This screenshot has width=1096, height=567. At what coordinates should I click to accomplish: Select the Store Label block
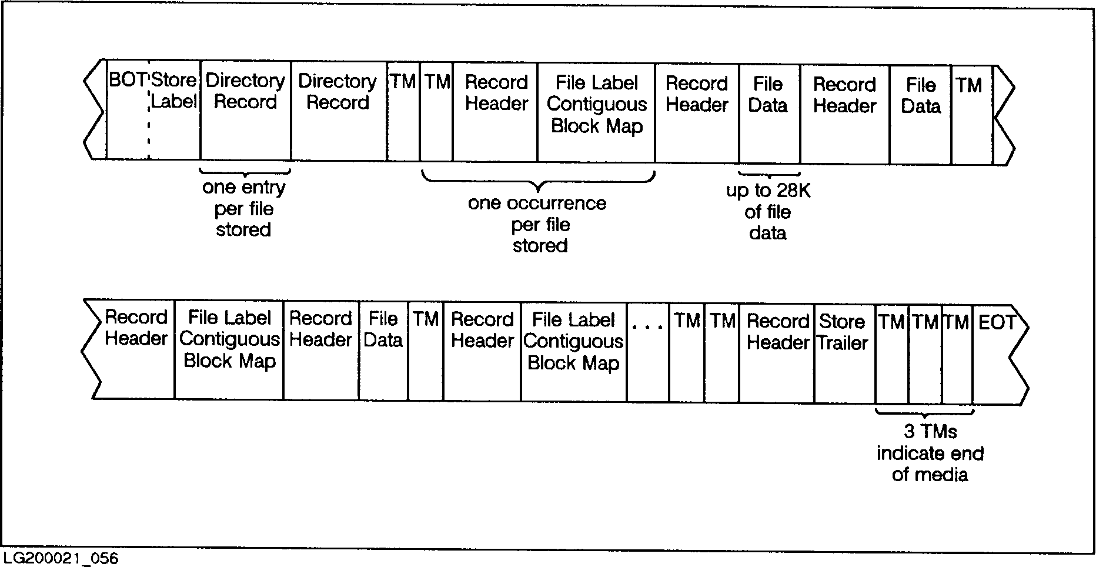coord(174,91)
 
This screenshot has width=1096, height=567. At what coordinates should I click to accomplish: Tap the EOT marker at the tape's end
coord(997,322)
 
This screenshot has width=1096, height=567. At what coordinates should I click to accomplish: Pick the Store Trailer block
coord(843,332)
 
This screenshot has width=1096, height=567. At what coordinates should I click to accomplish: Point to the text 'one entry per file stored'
coord(244,209)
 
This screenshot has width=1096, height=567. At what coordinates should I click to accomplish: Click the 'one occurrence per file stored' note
coord(537,224)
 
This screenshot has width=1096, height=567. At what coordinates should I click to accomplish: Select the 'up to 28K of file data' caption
coord(768,212)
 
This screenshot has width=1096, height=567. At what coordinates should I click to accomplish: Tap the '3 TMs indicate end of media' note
coord(930,453)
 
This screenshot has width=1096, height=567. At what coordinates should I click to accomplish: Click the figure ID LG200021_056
coord(61,558)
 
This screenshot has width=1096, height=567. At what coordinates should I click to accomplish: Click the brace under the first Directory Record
coord(245,172)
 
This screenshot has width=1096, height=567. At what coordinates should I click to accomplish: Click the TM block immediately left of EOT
coord(957,353)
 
